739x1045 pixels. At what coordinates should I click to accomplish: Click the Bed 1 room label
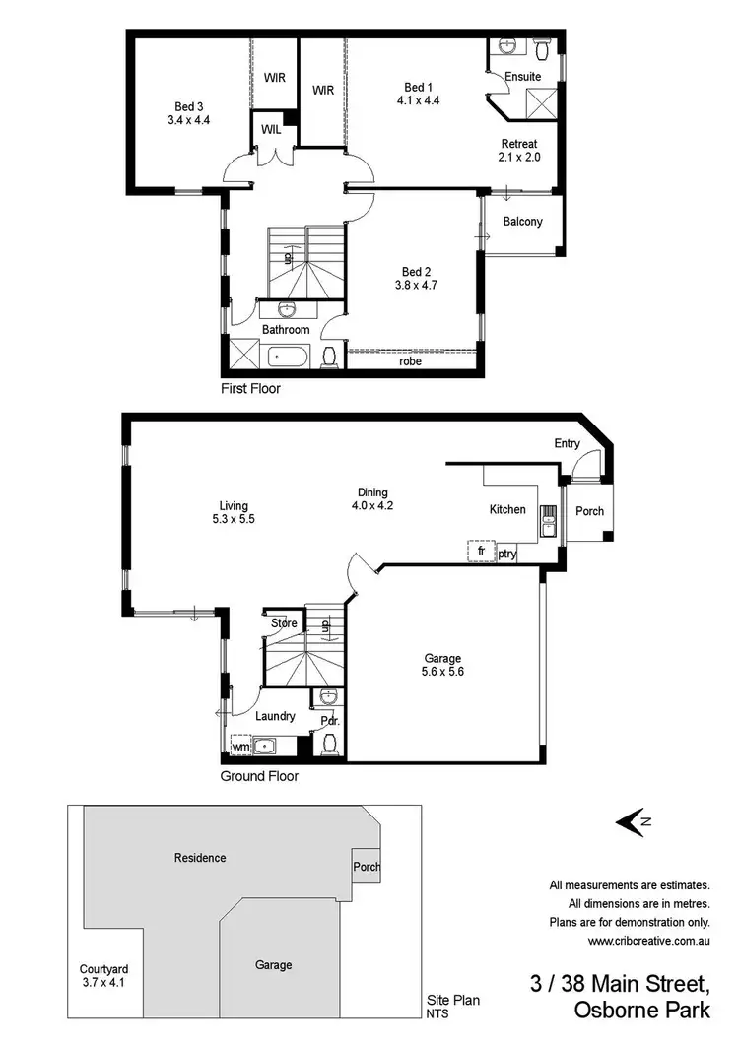coord(417,86)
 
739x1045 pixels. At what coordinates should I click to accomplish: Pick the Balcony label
coord(522,222)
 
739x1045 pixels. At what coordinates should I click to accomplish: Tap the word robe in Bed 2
coord(411,361)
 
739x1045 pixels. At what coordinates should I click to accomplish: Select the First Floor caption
coord(250,389)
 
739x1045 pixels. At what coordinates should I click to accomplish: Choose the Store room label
coord(284,622)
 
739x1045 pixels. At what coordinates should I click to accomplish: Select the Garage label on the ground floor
coord(442,659)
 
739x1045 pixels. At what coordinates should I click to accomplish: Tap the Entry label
coord(567,444)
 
